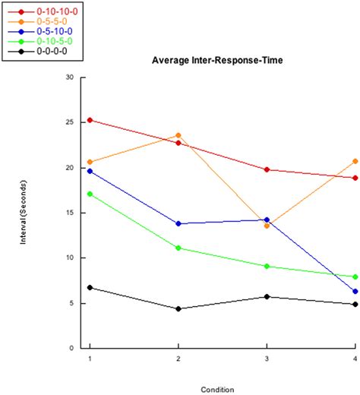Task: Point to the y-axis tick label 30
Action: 71,77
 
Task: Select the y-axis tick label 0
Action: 73,348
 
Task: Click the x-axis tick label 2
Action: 178,358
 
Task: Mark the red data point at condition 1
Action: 90,120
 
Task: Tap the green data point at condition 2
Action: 178,248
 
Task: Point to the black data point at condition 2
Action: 178,308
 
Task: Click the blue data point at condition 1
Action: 90,171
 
